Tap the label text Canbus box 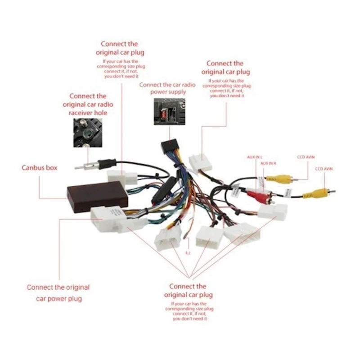[x=40, y=167]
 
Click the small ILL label [x=188, y=253]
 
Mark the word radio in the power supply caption [x=188, y=84]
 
